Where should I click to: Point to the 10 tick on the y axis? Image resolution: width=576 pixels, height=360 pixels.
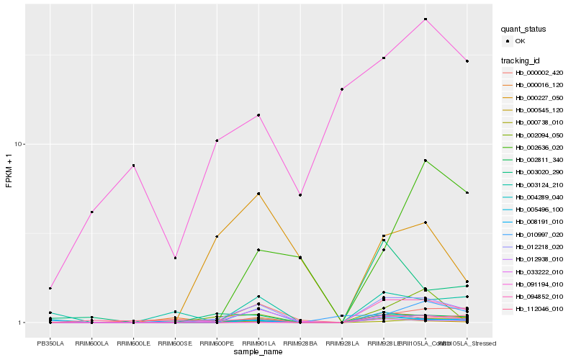tap(20, 144)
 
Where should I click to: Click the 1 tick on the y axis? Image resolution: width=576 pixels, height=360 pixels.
tap(22, 323)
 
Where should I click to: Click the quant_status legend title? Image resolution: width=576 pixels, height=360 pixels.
tap(524, 30)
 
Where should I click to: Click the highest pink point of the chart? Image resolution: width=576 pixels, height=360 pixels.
tap(426, 19)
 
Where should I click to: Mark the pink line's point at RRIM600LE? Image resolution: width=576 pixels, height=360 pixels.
tap(133, 166)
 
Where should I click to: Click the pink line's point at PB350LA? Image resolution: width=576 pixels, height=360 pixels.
tap(50, 288)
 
